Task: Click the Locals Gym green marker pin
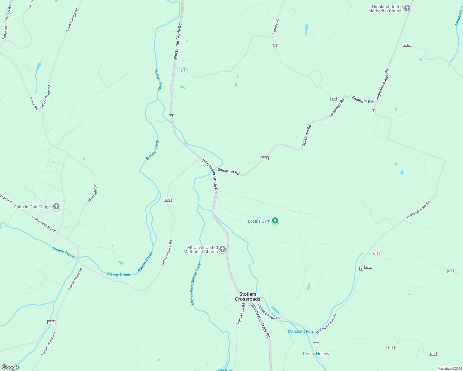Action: (x=275, y=221)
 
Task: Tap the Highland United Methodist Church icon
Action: (x=407, y=8)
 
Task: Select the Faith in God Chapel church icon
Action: (x=56, y=207)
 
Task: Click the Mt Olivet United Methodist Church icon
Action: (x=223, y=249)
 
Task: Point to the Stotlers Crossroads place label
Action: (x=248, y=296)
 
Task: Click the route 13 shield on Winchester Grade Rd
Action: (x=171, y=116)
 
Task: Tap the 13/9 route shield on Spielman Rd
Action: (x=264, y=158)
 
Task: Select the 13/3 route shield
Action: (x=167, y=200)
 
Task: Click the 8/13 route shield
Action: (x=407, y=45)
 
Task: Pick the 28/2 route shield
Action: (x=51, y=322)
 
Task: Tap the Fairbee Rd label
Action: (x=275, y=27)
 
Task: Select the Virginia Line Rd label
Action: (x=240, y=314)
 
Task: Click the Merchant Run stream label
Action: (x=300, y=331)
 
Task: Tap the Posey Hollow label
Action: (x=316, y=354)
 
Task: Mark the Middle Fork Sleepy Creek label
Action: (x=196, y=283)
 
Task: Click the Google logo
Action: (x=11, y=367)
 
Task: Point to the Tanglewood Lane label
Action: (x=49, y=343)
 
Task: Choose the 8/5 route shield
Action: (x=316, y=344)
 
